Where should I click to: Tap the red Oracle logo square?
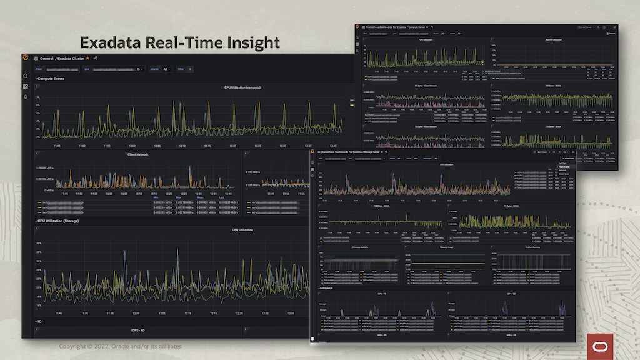point(600,346)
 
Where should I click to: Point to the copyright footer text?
point(121,346)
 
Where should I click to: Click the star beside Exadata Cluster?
point(87,58)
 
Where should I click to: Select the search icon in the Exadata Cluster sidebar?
point(26,76)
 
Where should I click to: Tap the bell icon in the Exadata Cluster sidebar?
point(26,97)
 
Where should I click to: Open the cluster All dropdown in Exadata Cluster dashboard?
point(166,69)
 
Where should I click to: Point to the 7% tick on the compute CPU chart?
point(38,98)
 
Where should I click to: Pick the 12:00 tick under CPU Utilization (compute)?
point(107,146)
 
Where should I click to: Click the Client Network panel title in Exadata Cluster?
point(137,154)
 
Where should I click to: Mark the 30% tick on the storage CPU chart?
point(39,243)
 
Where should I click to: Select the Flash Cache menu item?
point(564,167)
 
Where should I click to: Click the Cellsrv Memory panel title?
point(531,247)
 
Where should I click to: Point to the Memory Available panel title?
point(361,247)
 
